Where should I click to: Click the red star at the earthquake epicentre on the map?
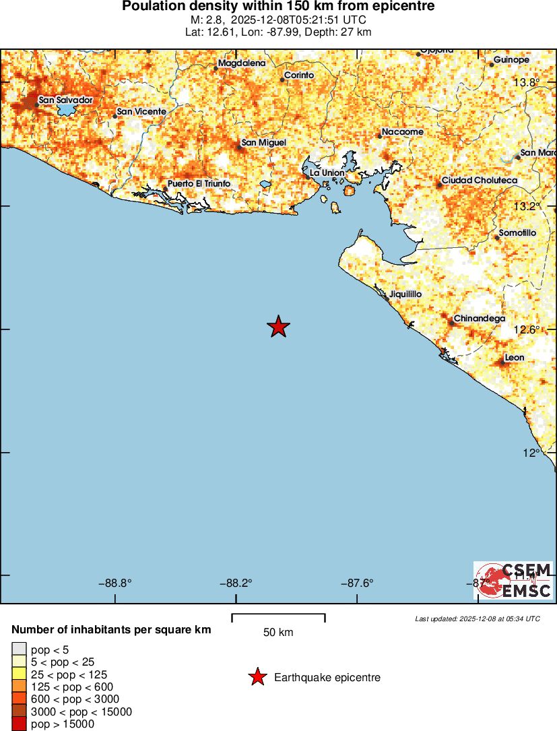coord(278,327)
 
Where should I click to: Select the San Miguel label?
coord(263,143)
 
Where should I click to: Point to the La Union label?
coord(327,173)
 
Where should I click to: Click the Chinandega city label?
coord(480,319)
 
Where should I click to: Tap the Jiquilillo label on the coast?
coord(405,294)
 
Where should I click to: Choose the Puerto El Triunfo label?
coord(199,184)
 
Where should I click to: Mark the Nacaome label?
coord(402,132)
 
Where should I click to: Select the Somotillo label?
coord(517,233)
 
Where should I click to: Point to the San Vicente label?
coord(141,112)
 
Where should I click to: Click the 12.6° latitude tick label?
coord(527,329)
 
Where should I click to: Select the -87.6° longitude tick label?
coord(358,583)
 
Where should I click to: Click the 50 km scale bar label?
coord(278,633)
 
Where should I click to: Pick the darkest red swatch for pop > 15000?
coord(19,724)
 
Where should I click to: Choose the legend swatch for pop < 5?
coord(19,649)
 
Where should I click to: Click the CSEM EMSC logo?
coord(513,581)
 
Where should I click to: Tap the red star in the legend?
coord(257,678)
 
